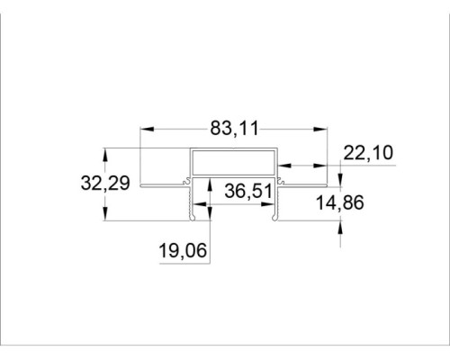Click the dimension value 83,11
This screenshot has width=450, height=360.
[234, 129]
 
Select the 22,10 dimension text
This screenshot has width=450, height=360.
[368, 153]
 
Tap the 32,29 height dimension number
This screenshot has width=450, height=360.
[105, 183]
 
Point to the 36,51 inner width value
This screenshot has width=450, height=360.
[248, 191]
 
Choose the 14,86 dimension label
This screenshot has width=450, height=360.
[340, 202]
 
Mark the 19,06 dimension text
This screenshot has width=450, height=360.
[183, 250]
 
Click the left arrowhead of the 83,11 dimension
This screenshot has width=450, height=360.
[148, 129]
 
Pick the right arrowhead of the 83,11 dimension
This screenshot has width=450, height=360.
[320, 129]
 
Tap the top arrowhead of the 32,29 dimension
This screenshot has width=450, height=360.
[105, 155]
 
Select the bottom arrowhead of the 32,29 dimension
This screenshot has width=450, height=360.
[105, 214]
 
